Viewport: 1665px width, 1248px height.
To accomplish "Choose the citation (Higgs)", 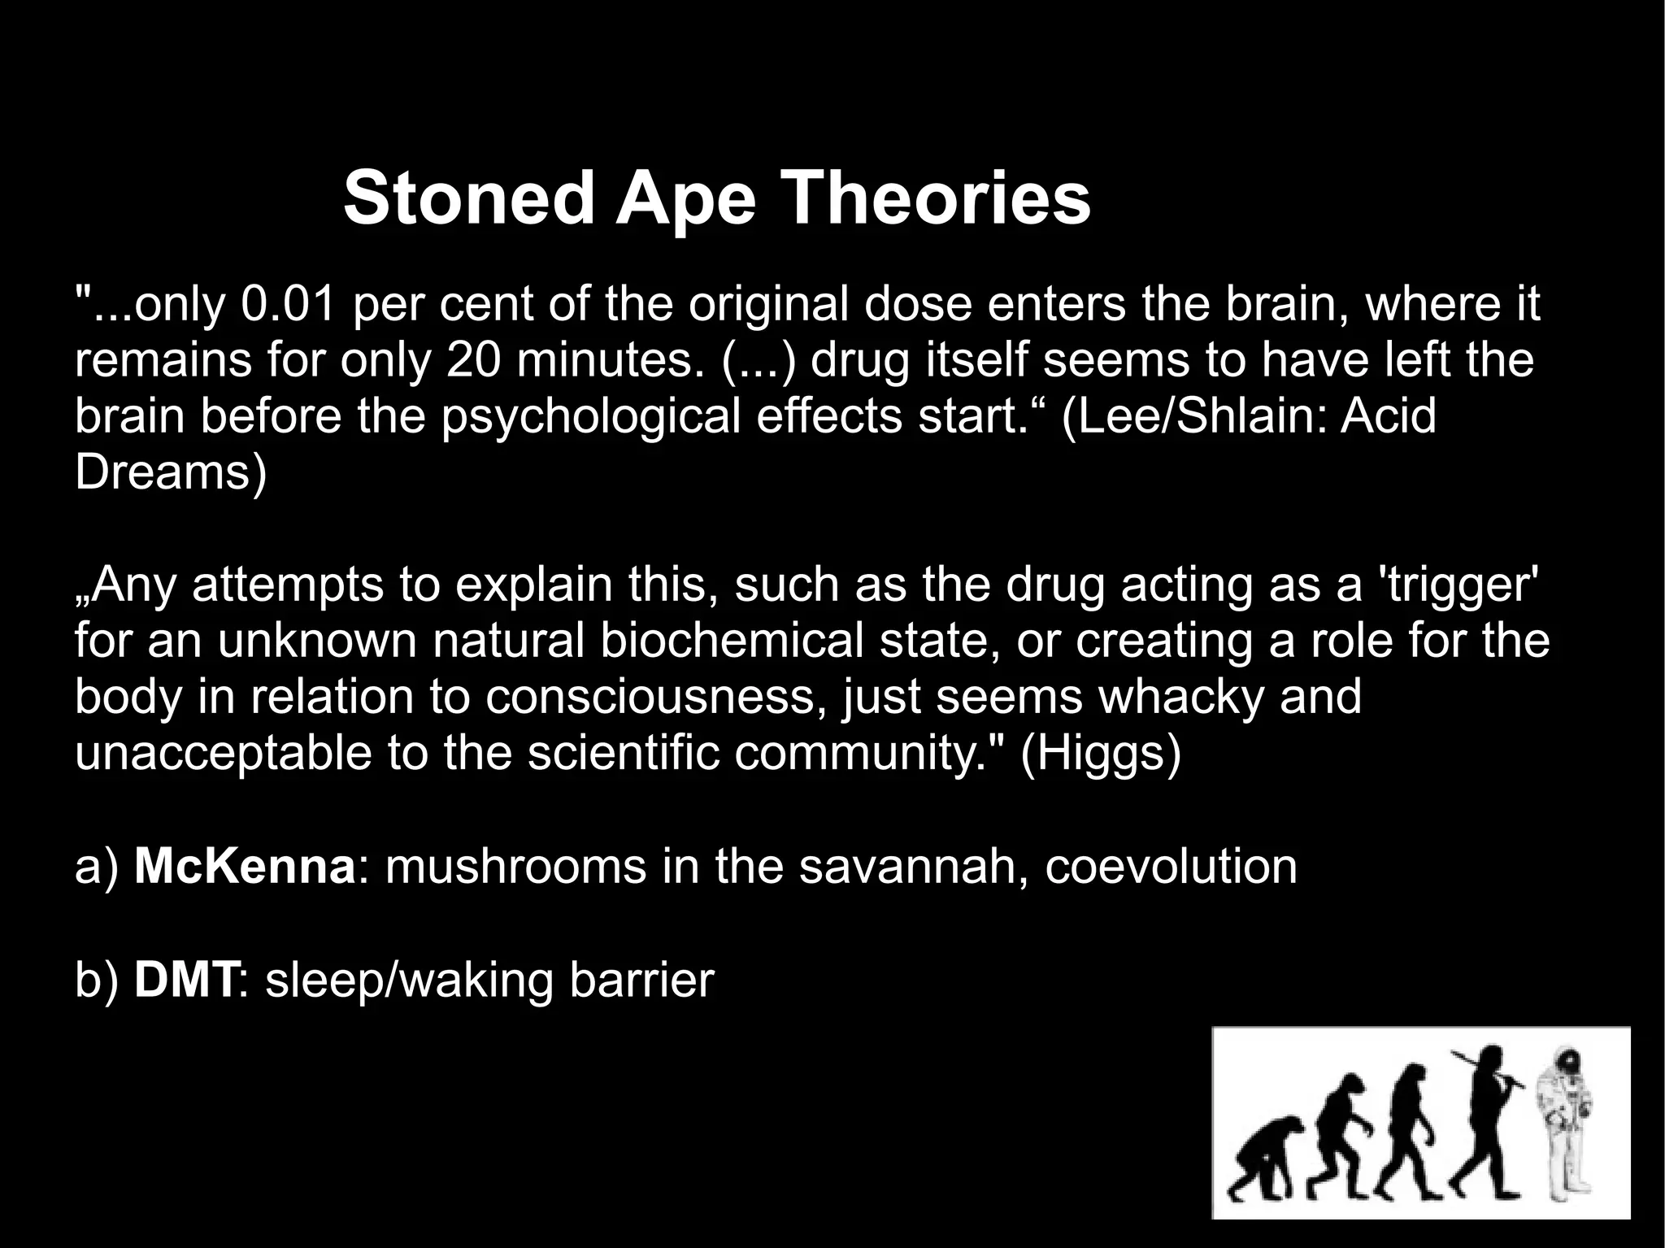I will click(x=1100, y=753).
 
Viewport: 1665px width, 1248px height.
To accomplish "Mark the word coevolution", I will click(x=1171, y=866).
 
